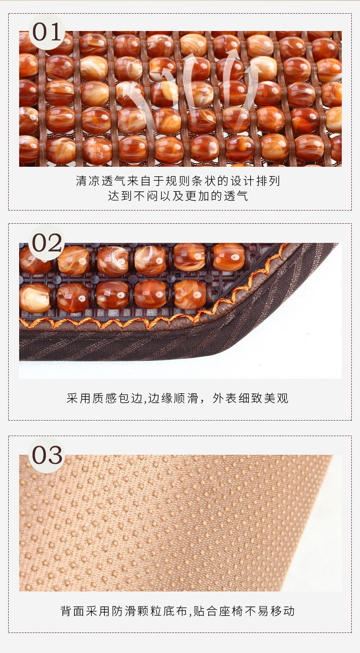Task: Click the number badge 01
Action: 46,32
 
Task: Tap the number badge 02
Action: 46,242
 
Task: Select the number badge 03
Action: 46,455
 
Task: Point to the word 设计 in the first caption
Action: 243,181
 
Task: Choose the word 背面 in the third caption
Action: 72,611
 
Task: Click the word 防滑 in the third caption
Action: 124,611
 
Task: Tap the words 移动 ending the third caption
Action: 283,611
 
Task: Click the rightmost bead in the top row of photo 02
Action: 229,257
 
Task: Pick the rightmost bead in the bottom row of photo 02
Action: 190,295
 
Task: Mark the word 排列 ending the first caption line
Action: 268,181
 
